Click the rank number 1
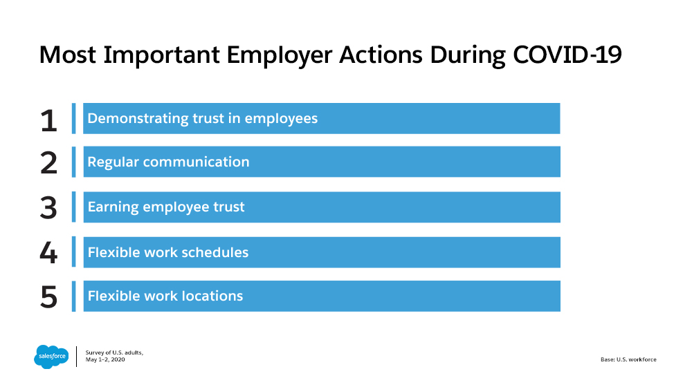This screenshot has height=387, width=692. tap(49, 120)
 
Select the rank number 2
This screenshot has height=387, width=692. tap(48, 162)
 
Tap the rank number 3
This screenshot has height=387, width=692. tap(48, 207)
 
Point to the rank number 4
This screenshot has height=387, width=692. tap(48, 252)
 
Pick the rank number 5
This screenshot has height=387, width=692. tap(49, 296)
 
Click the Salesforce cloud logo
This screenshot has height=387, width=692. tap(52, 356)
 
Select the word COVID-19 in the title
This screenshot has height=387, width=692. tap(567, 55)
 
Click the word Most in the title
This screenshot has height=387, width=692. tap(68, 55)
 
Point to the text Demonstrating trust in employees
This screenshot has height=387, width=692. tap(203, 118)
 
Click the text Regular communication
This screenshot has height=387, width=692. tap(169, 162)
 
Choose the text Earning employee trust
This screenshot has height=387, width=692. tap(166, 207)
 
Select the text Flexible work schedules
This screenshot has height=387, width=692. tap(168, 252)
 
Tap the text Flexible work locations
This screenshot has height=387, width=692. tap(165, 296)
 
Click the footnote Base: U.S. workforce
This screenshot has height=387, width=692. tap(628, 359)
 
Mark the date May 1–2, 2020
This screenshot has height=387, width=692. tap(105, 359)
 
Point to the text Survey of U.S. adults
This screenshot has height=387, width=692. tap(114, 352)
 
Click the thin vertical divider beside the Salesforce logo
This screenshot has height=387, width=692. tap(76, 357)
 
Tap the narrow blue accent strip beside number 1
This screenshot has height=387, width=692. tap(74, 119)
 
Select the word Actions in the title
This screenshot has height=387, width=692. tap(381, 55)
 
